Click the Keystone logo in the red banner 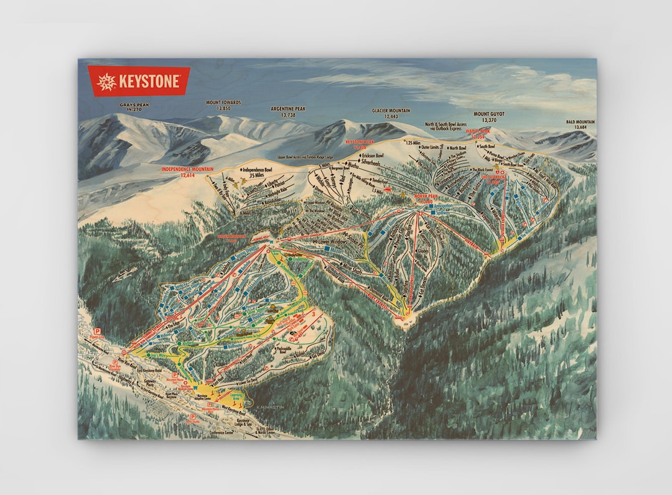coord(138,81)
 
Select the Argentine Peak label coord(288,111)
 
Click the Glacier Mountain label coord(391,113)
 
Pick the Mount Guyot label coord(489,117)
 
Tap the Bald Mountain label coord(580,124)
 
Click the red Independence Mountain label coord(187,171)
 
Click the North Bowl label coord(457,148)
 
